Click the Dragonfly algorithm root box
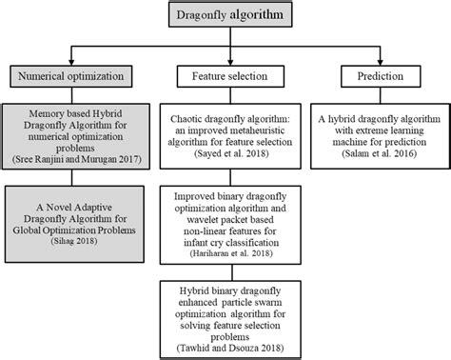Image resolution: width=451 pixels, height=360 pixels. click(225, 16)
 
